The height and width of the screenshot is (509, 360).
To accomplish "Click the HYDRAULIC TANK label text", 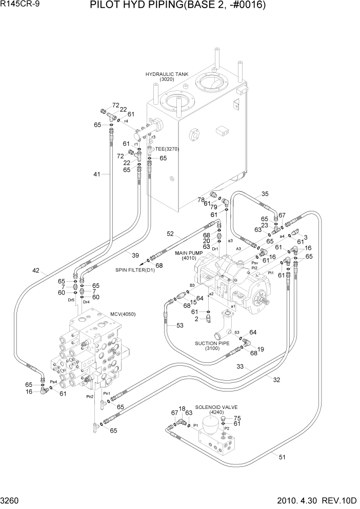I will (167, 74).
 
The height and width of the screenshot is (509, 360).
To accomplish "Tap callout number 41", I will (97, 174).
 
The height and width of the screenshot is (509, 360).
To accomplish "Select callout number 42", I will (36, 270).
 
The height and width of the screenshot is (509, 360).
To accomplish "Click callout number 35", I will (265, 194).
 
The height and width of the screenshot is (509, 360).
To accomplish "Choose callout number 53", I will (180, 325).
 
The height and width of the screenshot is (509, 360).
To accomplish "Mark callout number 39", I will (135, 255).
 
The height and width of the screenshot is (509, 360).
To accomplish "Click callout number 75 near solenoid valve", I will (237, 418).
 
